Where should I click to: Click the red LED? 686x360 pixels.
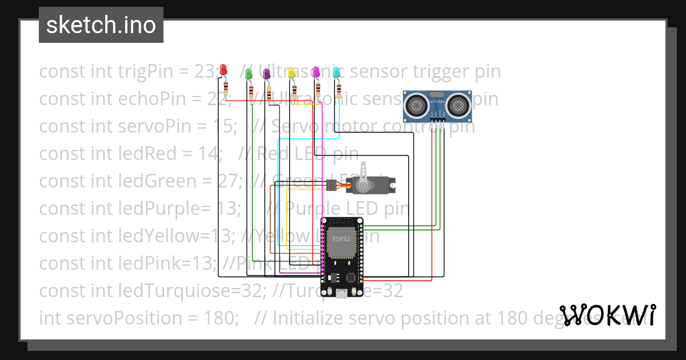pos(223,69)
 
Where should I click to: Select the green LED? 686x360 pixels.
pos(249,74)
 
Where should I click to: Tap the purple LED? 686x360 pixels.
pos(266,73)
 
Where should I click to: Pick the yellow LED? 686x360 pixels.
pos(292,73)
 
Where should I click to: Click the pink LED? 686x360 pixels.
pos(316,71)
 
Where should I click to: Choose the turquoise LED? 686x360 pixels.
pos(337,72)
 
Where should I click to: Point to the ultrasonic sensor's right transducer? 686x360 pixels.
pos(458,105)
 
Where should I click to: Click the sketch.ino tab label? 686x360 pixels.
pos(101,25)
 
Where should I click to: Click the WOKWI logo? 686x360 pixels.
pos(608,315)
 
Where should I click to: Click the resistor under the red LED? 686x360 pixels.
pos(226,88)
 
